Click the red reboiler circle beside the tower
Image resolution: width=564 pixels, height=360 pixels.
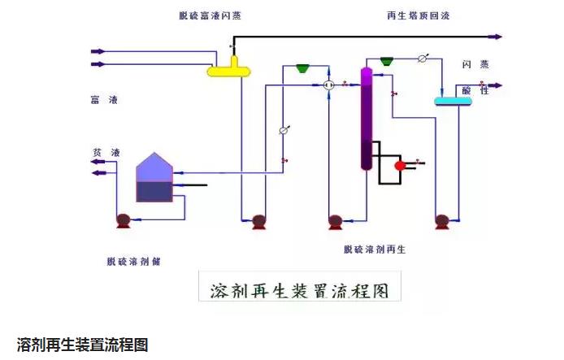click(401, 165)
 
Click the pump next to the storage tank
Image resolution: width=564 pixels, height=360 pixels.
click(124, 219)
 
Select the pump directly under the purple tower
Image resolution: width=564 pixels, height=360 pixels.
click(335, 220)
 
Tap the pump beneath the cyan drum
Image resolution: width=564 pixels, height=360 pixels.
click(443, 220)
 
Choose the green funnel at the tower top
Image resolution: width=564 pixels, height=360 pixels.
click(387, 59)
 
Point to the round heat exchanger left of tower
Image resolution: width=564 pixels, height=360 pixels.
click(328, 85)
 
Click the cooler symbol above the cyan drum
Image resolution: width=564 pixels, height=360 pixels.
click(423, 59)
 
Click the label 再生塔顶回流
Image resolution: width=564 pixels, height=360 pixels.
click(418, 15)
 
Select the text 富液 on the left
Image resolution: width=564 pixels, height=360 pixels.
click(102, 100)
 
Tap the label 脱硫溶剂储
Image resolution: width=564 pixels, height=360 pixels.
click(134, 261)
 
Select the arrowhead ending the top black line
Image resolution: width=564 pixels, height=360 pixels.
click(497, 37)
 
